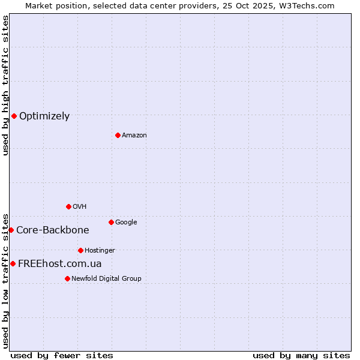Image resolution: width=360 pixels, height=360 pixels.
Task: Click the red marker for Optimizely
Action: (x=14, y=116)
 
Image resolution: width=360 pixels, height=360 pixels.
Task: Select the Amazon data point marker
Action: (x=118, y=135)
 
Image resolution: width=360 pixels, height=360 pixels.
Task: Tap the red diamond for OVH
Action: (x=68, y=206)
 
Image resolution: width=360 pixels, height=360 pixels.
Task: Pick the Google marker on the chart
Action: (x=111, y=222)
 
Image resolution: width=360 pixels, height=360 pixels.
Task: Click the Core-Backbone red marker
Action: (x=11, y=230)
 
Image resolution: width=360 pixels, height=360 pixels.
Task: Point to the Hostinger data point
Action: (x=80, y=250)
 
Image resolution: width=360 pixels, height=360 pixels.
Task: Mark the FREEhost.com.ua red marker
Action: (x=13, y=263)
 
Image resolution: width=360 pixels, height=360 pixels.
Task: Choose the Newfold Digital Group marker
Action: (x=67, y=278)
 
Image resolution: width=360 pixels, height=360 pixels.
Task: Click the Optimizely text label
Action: (x=44, y=116)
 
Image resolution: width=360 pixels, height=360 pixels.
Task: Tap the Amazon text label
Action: (x=134, y=136)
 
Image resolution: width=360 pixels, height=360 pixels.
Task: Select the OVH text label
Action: (x=80, y=207)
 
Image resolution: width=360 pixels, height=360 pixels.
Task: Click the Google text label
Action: (x=126, y=223)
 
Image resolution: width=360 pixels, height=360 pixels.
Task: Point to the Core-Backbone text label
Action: (x=53, y=230)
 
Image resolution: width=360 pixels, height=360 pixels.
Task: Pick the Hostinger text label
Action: (x=100, y=251)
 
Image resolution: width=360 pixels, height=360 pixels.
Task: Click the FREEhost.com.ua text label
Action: (x=60, y=264)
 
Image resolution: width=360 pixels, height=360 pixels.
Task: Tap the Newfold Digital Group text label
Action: (x=106, y=279)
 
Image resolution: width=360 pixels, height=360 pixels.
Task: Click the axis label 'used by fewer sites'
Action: (x=62, y=355)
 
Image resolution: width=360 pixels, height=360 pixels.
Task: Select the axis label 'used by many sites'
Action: (x=301, y=355)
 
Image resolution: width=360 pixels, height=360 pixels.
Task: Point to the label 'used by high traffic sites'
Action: (x=6, y=85)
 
